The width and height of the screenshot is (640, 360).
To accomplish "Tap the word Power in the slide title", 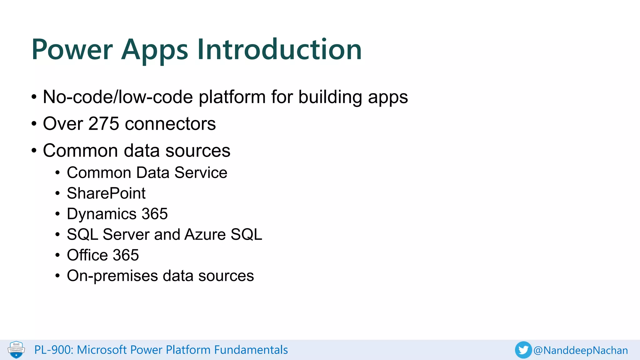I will [x=72, y=49].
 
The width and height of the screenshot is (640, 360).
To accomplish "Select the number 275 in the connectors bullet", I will [x=104, y=124].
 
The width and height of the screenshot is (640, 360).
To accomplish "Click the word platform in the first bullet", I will [x=232, y=97].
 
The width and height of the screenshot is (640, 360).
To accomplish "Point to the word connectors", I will [x=170, y=124].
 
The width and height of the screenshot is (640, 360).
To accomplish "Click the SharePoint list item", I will [x=106, y=193].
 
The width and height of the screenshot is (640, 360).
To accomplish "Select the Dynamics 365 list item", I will [x=117, y=214].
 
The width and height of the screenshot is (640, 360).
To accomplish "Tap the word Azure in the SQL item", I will [x=205, y=234].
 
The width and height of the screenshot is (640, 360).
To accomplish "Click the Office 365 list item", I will [x=103, y=255].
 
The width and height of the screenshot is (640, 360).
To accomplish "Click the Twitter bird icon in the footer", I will [x=523, y=350].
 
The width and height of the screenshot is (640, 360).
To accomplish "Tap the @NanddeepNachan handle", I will [x=581, y=350].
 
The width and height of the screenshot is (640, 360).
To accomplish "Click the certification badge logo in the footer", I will [x=16, y=350].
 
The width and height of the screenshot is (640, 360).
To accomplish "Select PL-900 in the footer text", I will [x=52, y=350].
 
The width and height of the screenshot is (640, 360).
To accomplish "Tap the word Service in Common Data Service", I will [x=201, y=172].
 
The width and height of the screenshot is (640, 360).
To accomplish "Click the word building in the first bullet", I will [x=330, y=97].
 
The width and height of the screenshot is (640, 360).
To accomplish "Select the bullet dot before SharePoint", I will [x=57, y=194].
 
